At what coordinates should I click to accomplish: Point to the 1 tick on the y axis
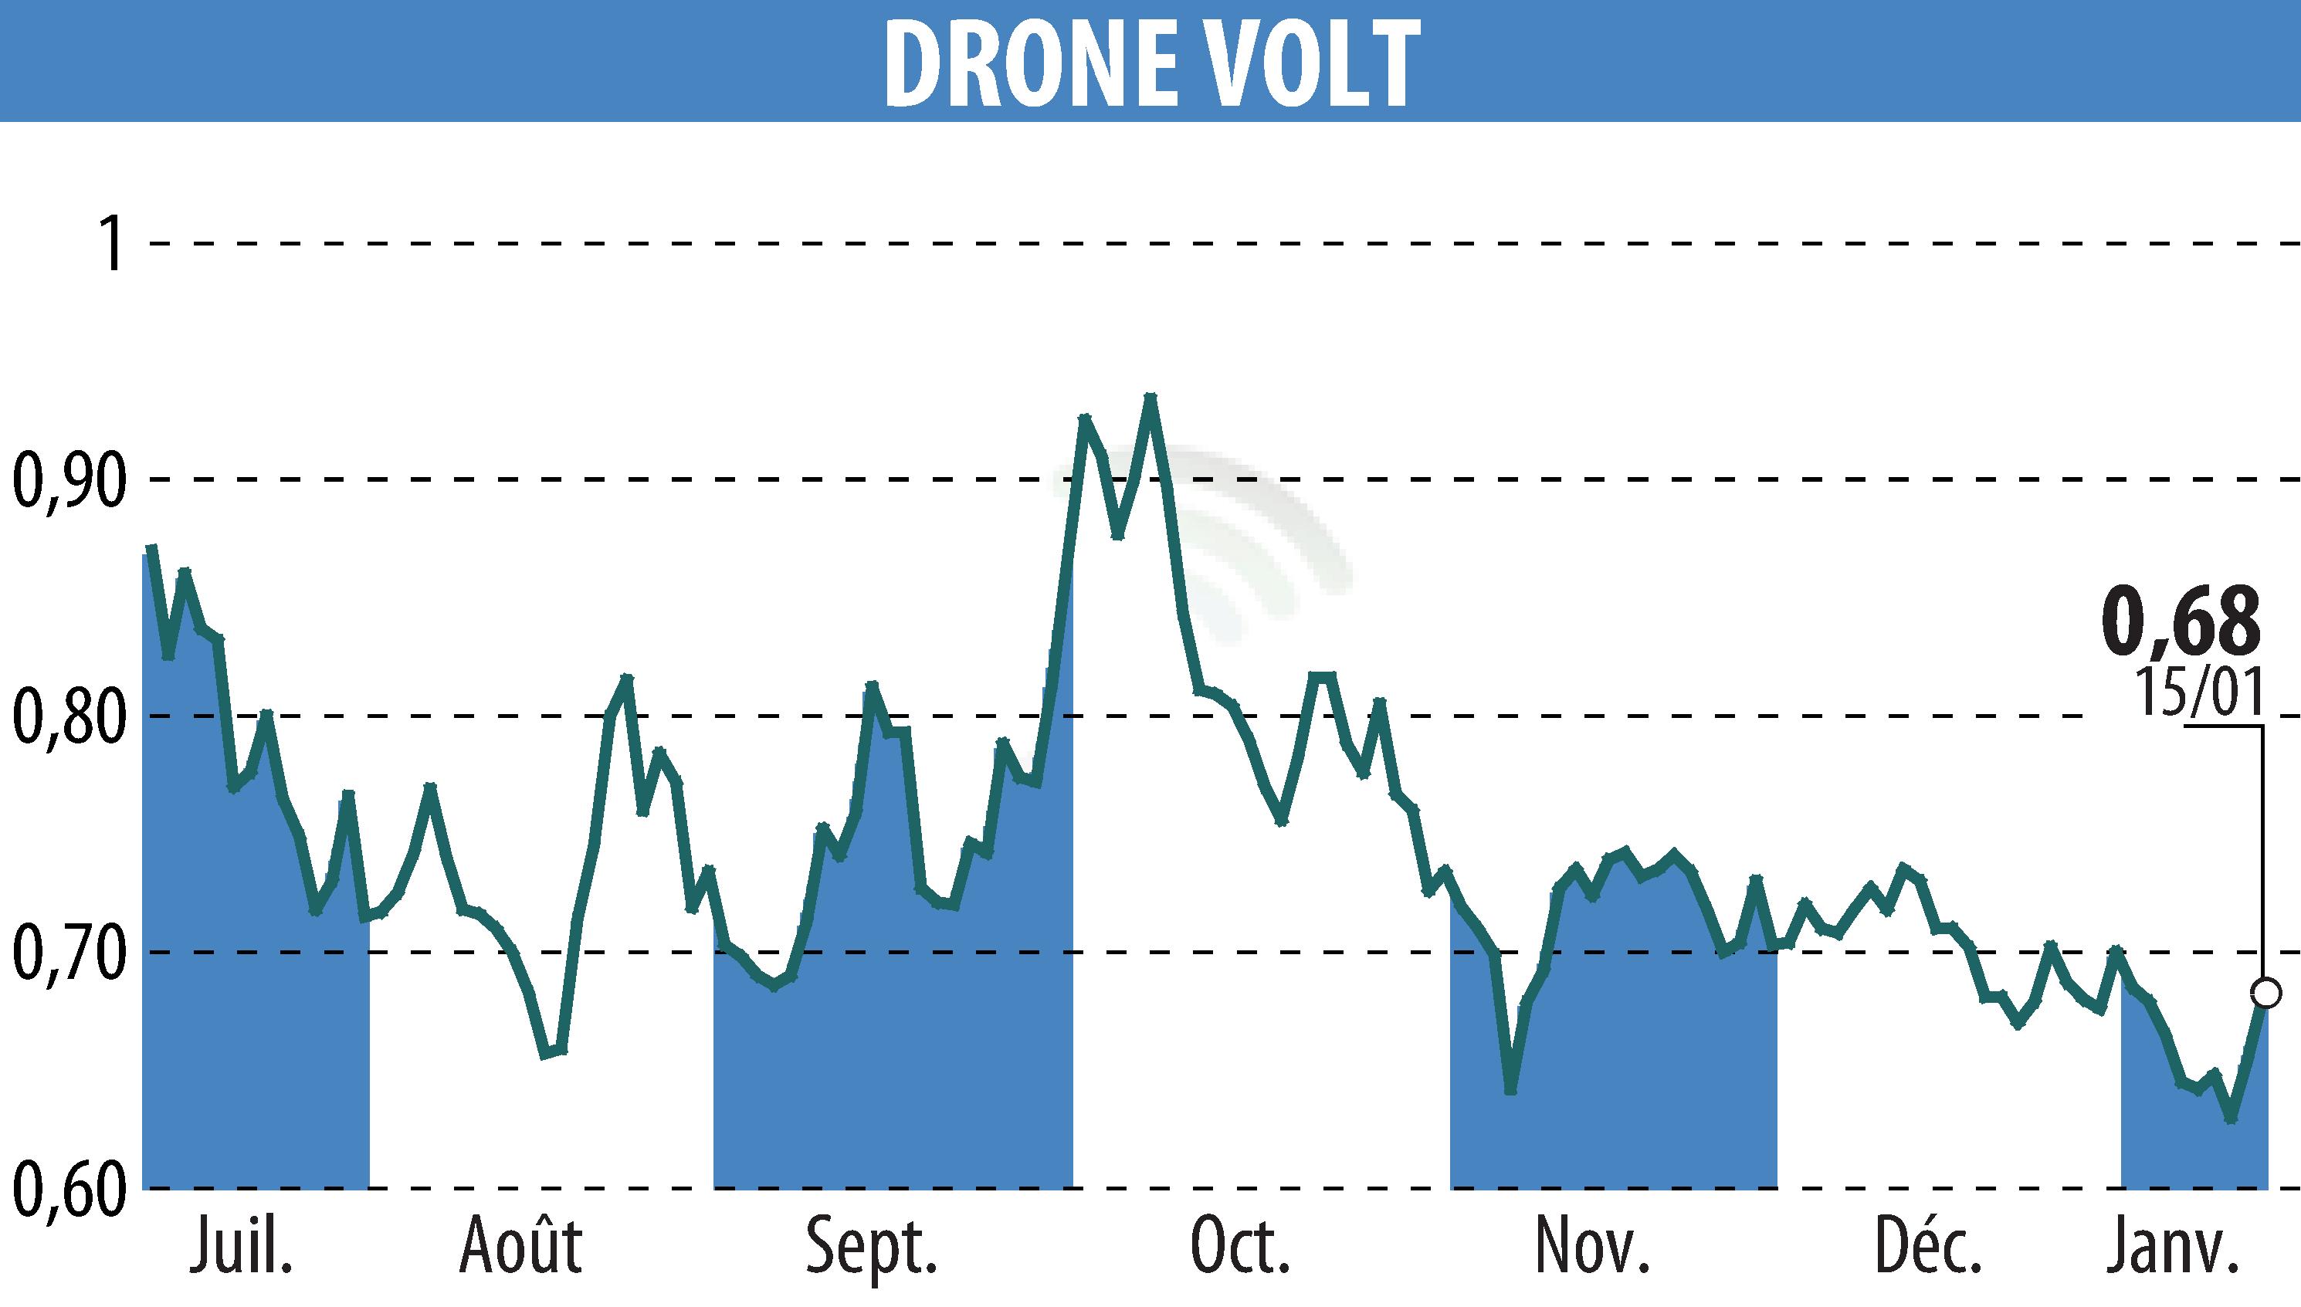(x=112, y=243)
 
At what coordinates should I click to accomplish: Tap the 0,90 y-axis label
(x=68, y=481)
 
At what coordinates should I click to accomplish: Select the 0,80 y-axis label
(x=68, y=717)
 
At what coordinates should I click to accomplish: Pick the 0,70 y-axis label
(x=68, y=953)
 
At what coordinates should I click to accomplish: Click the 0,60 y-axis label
(x=68, y=1190)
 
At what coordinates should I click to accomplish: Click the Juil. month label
(x=242, y=1248)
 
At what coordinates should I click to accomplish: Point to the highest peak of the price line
(x=1150, y=397)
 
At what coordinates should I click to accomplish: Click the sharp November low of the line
(x=1510, y=1092)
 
